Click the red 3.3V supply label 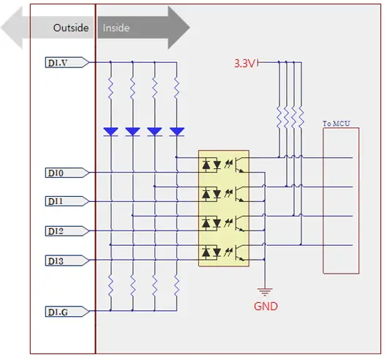pos(244,64)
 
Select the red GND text pos(265,306)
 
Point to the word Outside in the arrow pos(70,28)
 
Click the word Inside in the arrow pos(116,28)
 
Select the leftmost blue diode pos(110,132)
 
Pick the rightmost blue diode pos(176,132)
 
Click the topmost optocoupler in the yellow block pos(223,165)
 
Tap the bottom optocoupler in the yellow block pos(223,252)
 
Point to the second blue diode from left pos(132,132)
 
